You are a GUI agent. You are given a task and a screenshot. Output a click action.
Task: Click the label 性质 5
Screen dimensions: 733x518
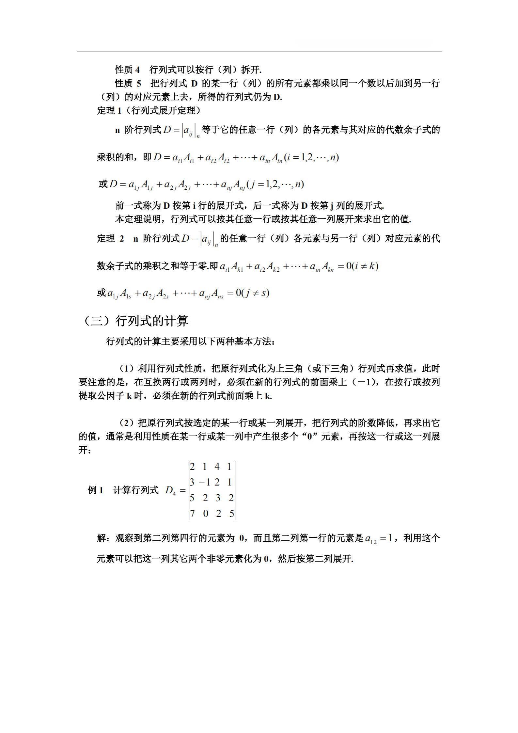pos(128,83)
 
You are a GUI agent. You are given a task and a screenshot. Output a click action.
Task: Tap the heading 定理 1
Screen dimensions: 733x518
pos(109,111)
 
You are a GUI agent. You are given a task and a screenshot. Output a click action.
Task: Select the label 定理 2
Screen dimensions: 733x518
pos(110,238)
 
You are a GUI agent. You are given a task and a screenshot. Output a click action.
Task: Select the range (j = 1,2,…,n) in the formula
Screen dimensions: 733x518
pos(276,184)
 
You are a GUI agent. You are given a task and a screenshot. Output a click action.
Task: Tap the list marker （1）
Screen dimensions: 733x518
pos(127,369)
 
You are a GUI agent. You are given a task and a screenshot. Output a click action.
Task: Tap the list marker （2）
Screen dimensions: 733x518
pos(127,423)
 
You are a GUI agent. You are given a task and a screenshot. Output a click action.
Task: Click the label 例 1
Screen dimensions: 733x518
pos(96,490)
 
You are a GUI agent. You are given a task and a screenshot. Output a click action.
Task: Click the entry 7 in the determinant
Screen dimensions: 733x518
pos(193,514)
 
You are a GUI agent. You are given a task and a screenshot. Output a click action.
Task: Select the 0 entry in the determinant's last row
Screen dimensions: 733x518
pos(205,514)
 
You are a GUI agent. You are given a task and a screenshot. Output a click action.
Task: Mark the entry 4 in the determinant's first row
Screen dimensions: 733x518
pos(217,467)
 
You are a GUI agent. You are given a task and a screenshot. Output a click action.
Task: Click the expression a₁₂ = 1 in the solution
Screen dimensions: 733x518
pos(379,538)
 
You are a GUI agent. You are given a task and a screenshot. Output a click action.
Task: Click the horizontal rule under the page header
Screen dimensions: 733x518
pos(259,52)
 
